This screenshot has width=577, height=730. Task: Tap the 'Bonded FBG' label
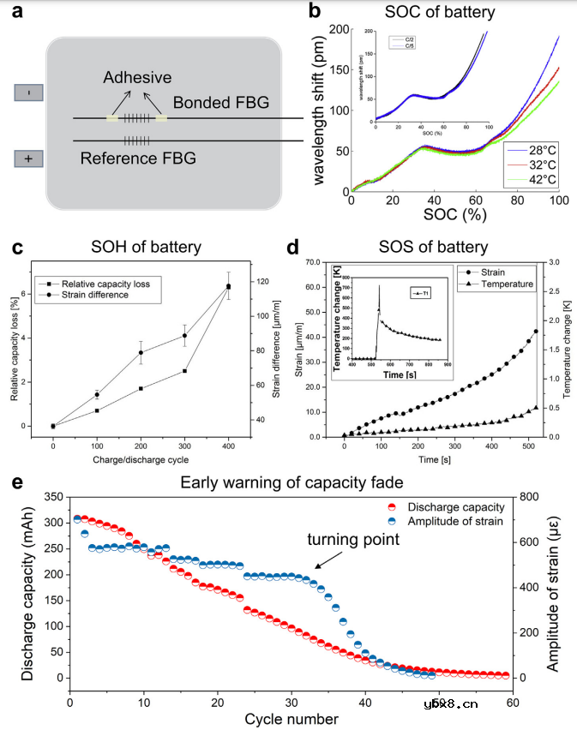[x=221, y=103]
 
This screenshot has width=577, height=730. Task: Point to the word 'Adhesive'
[x=137, y=78]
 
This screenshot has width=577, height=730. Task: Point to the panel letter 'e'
[x=17, y=484]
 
